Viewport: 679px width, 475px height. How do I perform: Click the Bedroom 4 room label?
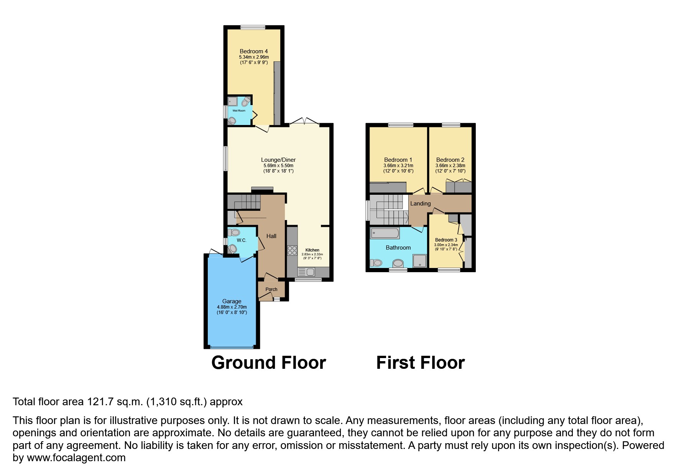(x=254, y=51)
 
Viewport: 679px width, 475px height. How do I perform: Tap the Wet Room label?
(x=239, y=111)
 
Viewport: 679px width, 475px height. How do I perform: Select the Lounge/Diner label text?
(x=278, y=160)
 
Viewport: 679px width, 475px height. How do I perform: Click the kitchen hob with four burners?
(x=292, y=250)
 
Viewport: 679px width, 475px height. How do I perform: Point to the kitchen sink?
(x=307, y=272)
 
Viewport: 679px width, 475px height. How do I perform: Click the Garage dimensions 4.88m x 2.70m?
(x=232, y=307)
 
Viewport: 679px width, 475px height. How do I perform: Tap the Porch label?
(x=271, y=289)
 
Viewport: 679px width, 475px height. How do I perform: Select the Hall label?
(x=271, y=236)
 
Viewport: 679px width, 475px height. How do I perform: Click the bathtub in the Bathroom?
(x=385, y=233)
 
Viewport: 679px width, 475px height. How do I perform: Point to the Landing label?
(x=421, y=204)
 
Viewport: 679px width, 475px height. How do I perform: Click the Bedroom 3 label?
(x=446, y=240)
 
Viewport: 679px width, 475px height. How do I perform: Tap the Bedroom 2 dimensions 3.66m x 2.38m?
(x=450, y=166)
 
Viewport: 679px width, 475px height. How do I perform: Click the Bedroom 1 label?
(x=398, y=160)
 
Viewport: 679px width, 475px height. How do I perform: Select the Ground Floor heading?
(x=269, y=363)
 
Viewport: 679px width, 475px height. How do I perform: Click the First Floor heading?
(x=421, y=363)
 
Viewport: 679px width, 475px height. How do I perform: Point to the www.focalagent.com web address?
(x=76, y=458)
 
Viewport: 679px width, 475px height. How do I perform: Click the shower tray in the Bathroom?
(x=420, y=261)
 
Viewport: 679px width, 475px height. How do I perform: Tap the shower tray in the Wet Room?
(x=233, y=101)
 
